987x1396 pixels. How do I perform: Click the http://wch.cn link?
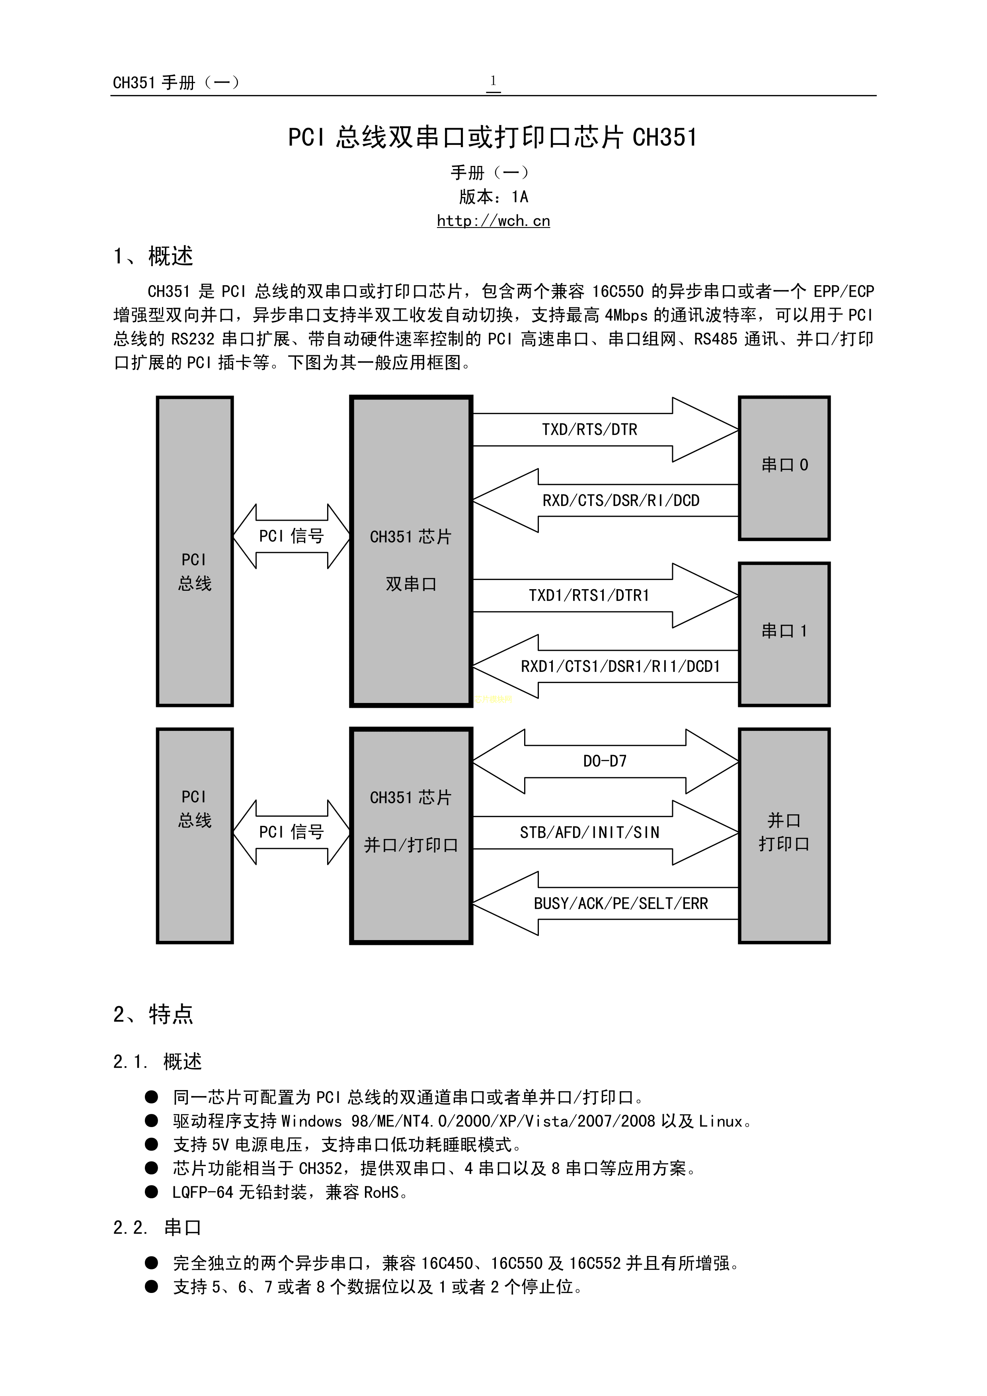(493, 221)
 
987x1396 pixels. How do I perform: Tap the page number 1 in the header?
(493, 81)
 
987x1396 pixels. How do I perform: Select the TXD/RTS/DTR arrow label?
(589, 430)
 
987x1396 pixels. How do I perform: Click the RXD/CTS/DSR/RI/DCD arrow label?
(621, 500)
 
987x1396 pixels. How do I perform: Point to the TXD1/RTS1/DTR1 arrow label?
(589, 595)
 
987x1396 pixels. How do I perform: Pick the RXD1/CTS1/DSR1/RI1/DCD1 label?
(620, 666)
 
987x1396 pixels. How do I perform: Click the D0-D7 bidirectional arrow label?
(605, 761)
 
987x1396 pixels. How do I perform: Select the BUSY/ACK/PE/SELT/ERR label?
(621, 903)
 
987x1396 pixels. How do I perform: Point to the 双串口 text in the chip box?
(411, 584)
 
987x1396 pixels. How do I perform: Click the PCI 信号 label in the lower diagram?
(291, 832)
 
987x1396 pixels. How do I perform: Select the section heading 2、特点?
(153, 1014)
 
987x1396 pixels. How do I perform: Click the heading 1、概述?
(153, 256)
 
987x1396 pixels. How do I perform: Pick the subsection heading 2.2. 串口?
(157, 1228)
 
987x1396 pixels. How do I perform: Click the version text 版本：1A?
(493, 197)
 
